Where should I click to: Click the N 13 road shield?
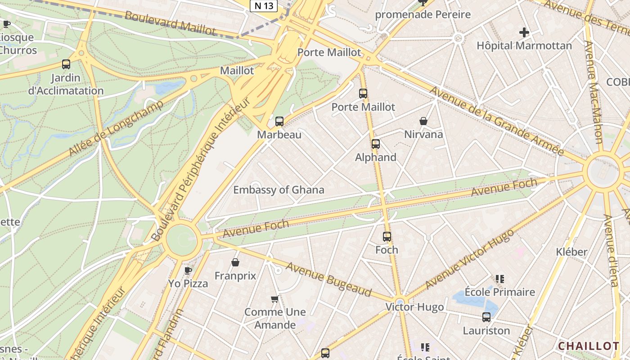[264, 5]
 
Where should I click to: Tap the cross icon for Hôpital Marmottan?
[524, 32]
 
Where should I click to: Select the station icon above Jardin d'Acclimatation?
[66, 64]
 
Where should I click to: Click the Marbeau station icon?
[279, 121]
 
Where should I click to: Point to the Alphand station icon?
[376, 144]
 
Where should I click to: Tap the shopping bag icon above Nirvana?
[423, 121]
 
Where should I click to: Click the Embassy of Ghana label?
[279, 190]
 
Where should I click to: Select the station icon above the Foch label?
[387, 236]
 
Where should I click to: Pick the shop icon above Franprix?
[235, 262]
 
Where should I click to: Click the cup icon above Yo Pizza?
[188, 270]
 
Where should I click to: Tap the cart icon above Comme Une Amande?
[275, 299]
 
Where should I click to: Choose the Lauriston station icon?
[486, 317]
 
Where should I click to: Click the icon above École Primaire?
[500, 279]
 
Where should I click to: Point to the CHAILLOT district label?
[589, 346]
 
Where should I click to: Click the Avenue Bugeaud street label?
[329, 279]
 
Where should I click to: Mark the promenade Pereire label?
[423, 14]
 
